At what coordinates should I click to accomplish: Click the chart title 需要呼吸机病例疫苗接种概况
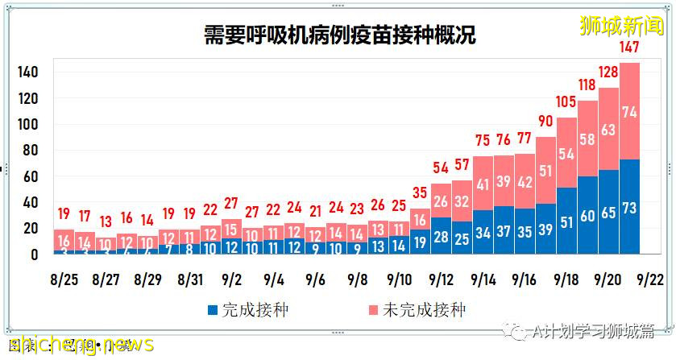(338, 35)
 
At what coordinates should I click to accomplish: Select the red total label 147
(629, 48)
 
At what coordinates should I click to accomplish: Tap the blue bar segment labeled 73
(629, 207)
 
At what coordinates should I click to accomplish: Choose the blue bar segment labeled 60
(587, 215)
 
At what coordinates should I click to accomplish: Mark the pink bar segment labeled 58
(587, 139)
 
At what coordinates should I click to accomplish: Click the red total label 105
(566, 101)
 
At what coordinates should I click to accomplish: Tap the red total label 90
(545, 121)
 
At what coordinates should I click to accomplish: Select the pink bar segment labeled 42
(525, 182)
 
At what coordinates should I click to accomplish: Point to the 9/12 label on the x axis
(441, 280)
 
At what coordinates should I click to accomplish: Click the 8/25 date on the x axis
(64, 280)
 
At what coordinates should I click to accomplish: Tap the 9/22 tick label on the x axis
(650, 280)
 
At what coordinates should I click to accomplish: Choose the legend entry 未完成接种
(419, 309)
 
